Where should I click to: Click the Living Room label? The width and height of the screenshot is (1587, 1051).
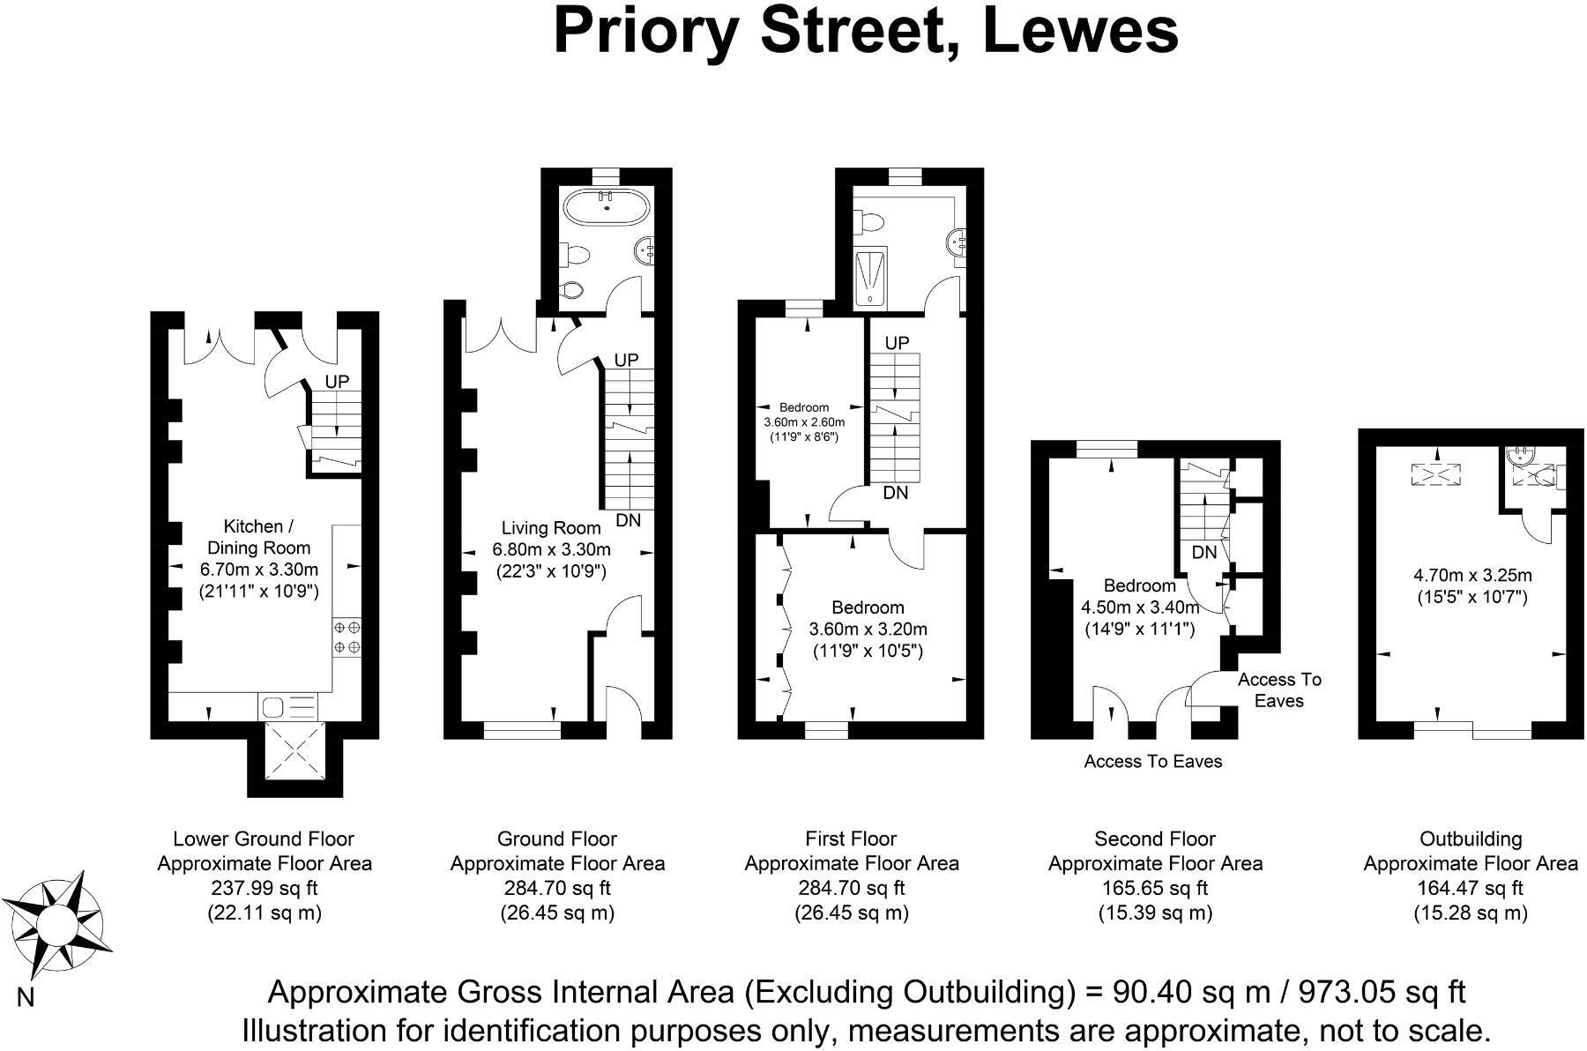coord(551,528)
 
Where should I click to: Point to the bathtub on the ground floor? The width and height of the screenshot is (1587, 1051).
coord(607,208)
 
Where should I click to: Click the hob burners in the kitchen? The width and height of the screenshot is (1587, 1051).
coord(346,637)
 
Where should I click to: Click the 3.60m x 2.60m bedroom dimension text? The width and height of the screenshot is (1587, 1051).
coord(803,422)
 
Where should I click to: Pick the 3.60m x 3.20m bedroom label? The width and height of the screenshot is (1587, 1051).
coord(868,630)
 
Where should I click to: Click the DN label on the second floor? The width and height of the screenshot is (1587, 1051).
coord(1203,553)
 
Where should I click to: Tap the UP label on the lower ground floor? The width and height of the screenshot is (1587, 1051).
coord(337,382)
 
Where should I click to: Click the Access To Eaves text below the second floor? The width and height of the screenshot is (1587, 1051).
coord(1152,761)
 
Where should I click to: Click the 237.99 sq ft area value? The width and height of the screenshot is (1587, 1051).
coord(264,888)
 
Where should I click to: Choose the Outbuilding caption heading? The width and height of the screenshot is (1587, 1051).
coord(1470,839)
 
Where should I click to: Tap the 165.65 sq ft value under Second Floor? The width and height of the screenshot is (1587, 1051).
coord(1154,888)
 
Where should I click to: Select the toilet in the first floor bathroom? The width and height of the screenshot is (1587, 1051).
coord(872,220)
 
